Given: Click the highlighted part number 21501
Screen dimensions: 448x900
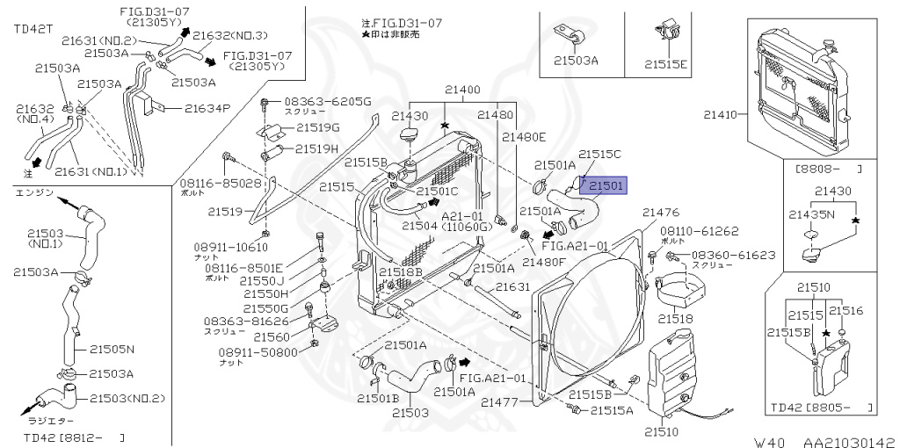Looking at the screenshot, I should click(x=606, y=185).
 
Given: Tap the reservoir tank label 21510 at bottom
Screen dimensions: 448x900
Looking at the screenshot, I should click(x=661, y=432).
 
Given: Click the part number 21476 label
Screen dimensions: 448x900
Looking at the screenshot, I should click(x=661, y=213).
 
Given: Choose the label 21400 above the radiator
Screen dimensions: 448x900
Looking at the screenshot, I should click(x=462, y=90).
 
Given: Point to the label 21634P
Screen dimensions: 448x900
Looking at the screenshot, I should click(x=207, y=109).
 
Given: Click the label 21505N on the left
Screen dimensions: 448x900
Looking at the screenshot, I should click(x=112, y=349).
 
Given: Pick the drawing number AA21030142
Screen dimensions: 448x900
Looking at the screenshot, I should click(x=839, y=442).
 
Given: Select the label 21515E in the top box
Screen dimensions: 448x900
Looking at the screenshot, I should click(x=666, y=63).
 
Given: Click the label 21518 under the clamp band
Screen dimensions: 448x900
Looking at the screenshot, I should click(x=676, y=318).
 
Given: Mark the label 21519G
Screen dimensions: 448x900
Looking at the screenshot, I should click(x=317, y=127).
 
